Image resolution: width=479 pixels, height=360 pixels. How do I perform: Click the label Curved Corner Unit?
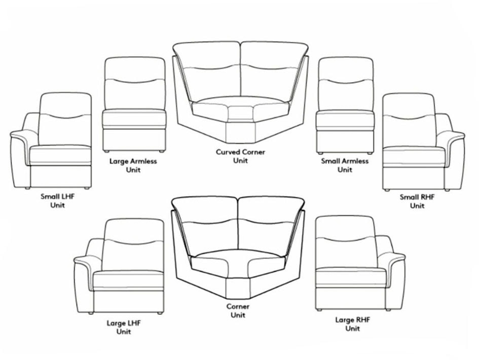pyautogui.click(x=240, y=156)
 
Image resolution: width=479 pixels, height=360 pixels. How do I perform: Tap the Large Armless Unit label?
pyautogui.click(x=133, y=165)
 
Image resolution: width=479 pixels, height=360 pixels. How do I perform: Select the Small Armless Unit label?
pyautogui.click(x=345, y=165)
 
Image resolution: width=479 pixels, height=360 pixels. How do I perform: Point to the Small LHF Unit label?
pyautogui.click(x=57, y=201)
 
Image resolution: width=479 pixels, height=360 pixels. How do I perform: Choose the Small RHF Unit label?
pyautogui.click(x=417, y=201)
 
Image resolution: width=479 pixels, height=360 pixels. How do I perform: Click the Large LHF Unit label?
pyautogui.click(x=124, y=328)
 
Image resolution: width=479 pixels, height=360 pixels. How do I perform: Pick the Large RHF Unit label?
pyautogui.click(x=352, y=324)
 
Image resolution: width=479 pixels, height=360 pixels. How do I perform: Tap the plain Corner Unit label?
pyautogui.click(x=238, y=311)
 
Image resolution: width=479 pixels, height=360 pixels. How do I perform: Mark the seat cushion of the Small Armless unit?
pyautogui.click(x=345, y=120)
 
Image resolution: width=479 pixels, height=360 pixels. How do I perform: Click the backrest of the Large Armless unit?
pyautogui.click(x=135, y=83)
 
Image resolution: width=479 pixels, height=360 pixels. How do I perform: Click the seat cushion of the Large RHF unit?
pyautogui.click(x=351, y=277)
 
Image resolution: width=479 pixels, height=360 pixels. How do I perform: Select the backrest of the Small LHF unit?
pyautogui.click(x=65, y=119)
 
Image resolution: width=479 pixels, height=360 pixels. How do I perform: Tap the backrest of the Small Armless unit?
pyautogui.click(x=346, y=84)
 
